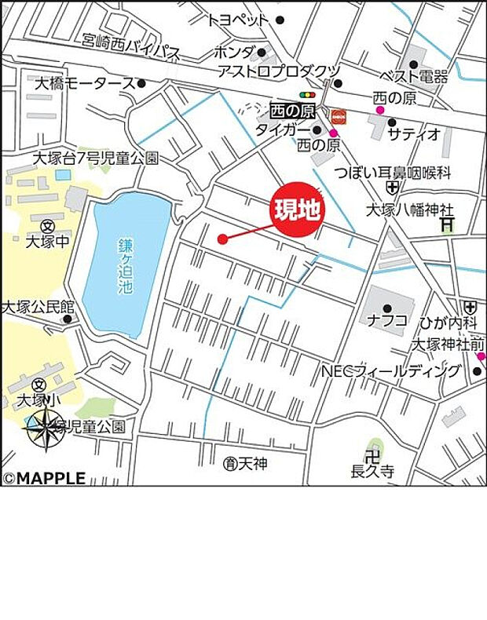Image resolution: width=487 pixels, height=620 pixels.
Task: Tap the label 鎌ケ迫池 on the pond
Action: (x=126, y=266)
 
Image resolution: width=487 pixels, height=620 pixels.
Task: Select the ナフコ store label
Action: (x=387, y=320)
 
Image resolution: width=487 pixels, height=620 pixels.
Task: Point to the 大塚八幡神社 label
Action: (x=410, y=210)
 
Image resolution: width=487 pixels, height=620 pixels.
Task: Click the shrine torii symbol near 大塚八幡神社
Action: (x=447, y=224)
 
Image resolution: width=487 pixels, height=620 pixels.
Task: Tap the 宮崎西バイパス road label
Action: (x=134, y=50)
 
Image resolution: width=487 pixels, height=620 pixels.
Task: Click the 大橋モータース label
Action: (x=85, y=82)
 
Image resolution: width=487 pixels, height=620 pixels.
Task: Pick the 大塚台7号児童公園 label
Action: (x=95, y=159)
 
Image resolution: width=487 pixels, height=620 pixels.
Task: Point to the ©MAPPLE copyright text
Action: (x=44, y=478)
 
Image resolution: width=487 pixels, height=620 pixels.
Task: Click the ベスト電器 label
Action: (x=413, y=77)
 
